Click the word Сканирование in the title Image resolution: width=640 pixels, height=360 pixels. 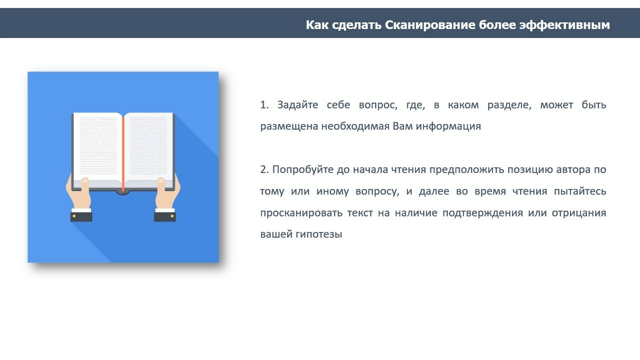point(430,25)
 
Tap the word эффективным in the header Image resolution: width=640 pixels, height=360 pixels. point(564,25)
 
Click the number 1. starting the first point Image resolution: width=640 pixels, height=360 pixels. point(264,105)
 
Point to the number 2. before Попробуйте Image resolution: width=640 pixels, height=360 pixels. point(264,169)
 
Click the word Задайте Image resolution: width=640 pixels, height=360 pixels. point(297,105)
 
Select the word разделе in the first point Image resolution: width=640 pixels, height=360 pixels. point(509,105)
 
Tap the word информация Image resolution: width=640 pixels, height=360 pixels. point(448,126)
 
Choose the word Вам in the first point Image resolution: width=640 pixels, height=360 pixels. point(402,126)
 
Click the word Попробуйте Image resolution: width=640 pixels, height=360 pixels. point(303,170)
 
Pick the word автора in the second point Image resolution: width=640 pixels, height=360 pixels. point(573,170)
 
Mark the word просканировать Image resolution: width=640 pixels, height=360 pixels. point(301,213)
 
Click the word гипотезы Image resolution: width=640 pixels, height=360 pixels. point(319,234)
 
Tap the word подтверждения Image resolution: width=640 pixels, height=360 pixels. point(482,213)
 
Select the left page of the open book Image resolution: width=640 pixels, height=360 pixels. point(97,148)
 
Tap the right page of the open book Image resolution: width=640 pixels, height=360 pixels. point(148,148)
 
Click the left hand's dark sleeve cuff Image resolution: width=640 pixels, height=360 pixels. point(81,217)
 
